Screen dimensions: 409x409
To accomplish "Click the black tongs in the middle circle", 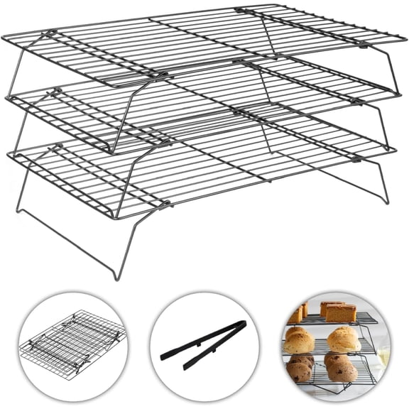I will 203,344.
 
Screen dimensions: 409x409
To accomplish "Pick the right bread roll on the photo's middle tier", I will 344,340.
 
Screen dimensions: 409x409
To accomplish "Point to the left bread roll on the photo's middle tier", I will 300,341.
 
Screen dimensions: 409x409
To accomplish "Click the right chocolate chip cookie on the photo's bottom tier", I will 343,368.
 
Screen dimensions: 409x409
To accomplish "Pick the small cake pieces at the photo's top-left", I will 296,314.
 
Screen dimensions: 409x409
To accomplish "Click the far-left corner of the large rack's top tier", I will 6,37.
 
